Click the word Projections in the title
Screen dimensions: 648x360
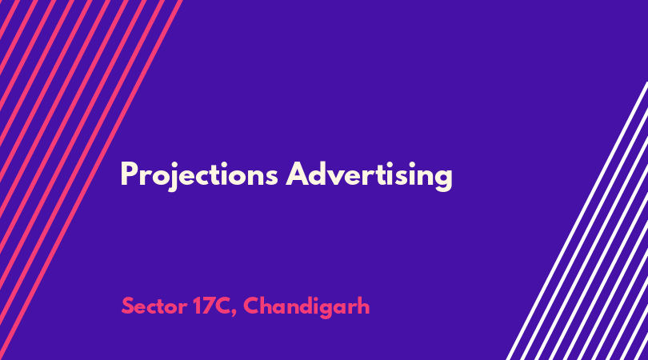pyautogui.click(x=199, y=175)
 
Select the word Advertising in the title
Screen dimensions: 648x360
pyautogui.click(x=370, y=175)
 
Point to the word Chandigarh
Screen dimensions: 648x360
pyautogui.click(x=306, y=306)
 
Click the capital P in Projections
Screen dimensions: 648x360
pyautogui.click(x=129, y=174)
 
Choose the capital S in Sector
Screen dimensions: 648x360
pyautogui.click(x=127, y=306)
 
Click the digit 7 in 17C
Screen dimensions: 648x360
pyautogui.click(x=206, y=306)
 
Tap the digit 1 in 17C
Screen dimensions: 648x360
pyautogui.click(x=196, y=306)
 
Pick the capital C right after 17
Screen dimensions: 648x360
pyautogui.click(x=222, y=306)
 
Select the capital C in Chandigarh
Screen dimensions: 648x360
pyautogui.click(x=252, y=306)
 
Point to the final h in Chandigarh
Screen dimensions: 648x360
pyautogui.click(x=363, y=306)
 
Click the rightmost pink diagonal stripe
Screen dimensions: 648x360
pyautogui.click(x=90, y=180)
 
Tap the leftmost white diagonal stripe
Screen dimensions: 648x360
pyautogui.click(x=578, y=221)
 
